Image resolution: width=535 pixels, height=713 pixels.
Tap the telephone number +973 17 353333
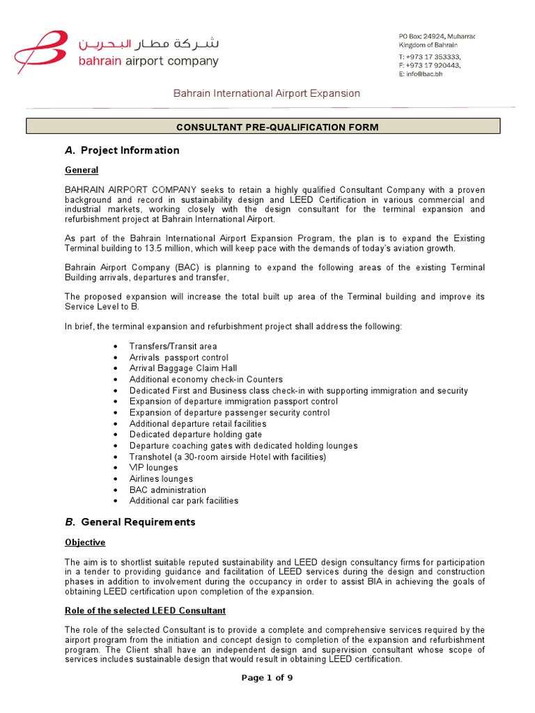click(432, 56)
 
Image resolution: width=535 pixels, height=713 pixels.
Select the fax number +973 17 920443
click(432, 65)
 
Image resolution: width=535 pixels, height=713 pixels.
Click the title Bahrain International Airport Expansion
click(267, 93)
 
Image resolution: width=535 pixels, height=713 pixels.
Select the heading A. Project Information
click(122, 150)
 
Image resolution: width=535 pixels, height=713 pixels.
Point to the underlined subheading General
click(82, 170)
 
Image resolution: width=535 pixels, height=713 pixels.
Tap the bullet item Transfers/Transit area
click(173, 346)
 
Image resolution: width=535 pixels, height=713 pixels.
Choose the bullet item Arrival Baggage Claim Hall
click(183, 368)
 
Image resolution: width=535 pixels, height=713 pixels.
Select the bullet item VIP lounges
click(153, 468)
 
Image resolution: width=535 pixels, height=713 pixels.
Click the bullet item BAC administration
click(167, 490)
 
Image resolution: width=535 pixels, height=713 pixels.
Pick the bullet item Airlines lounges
click(161, 479)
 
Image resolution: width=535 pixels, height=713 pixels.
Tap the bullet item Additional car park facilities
click(183, 501)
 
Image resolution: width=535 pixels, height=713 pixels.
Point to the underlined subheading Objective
click(85, 542)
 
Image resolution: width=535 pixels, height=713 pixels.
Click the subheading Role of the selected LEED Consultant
click(145, 611)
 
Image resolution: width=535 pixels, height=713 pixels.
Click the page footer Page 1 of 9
click(267, 678)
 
